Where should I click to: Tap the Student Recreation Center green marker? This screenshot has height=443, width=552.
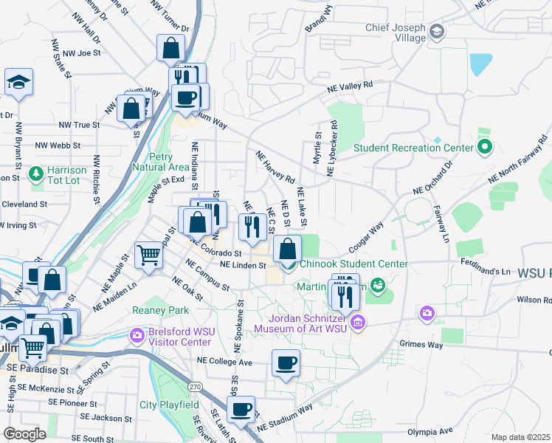(x=485, y=148)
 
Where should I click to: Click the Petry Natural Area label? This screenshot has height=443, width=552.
(x=156, y=162)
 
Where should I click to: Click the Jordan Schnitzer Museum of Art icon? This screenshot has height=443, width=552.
(x=358, y=322)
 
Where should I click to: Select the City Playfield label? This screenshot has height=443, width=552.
(x=170, y=405)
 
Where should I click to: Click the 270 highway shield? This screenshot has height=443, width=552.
(x=195, y=386)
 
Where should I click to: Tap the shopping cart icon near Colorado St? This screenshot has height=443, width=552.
(x=149, y=255)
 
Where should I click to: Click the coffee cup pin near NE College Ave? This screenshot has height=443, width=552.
(x=286, y=363)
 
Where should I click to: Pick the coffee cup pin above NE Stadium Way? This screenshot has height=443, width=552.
(x=241, y=409)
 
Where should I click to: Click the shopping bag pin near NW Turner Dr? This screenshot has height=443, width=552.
(x=170, y=48)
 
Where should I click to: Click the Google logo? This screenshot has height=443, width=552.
(x=24, y=434)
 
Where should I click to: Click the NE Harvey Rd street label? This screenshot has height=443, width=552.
(x=275, y=168)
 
